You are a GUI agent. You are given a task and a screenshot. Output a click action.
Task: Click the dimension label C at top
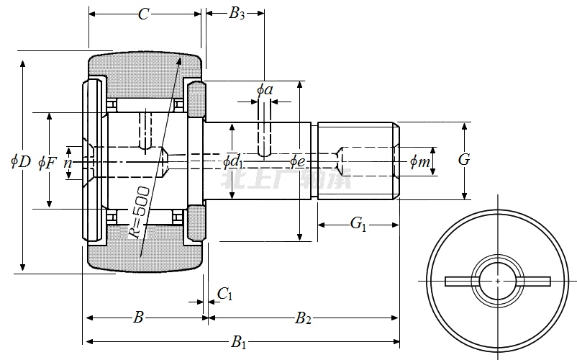pyautogui.click(x=143, y=14)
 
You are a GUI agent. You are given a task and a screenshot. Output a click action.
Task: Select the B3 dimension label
pyautogui.click(x=237, y=14)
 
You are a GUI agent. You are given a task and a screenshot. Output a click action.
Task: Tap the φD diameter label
pyautogui.click(x=20, y=162)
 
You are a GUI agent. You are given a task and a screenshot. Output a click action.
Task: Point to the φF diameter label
pyautogui.click(x=47, y=162)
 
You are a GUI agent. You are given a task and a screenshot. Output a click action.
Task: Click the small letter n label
pyautogui.click(x=68, y=163)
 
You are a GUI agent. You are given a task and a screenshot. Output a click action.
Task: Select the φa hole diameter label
pyautogui.click(x=265, y=89)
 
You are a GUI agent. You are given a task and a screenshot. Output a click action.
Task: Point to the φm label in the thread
pyautogui.click(x=419, y=162)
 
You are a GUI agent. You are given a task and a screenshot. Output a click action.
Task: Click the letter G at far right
pyautogui.click(x=464, y=160)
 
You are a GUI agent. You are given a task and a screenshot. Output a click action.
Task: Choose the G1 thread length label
pyautogui.click(x=358, y=224)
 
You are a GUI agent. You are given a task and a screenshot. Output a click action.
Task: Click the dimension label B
pyautogui.click(x=140, y=318)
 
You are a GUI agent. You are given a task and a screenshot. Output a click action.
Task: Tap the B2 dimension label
pyautogui.click(x=304, y=318)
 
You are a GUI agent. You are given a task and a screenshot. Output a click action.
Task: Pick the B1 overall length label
pyautogui.click(x=238, y=342)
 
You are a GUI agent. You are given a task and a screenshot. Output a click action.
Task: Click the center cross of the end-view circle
pyautogui.click(x=498, y=280)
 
